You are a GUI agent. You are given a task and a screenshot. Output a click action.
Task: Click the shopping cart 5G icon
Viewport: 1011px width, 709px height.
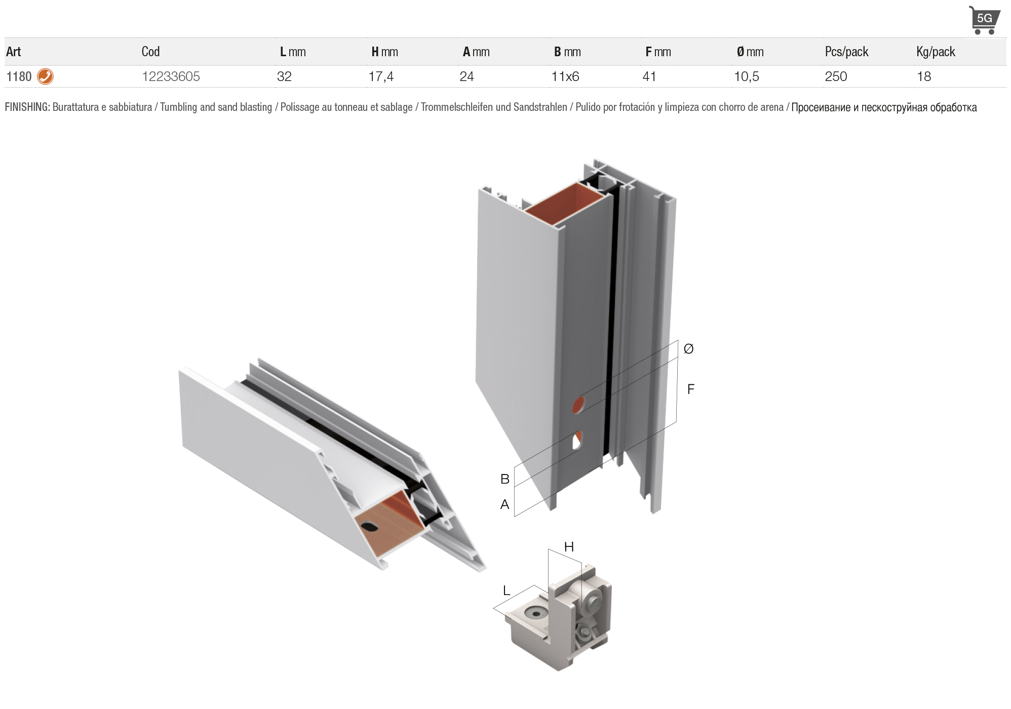tap(984, 20)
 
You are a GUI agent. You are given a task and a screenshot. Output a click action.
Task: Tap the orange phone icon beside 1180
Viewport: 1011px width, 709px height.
tap(46, 76)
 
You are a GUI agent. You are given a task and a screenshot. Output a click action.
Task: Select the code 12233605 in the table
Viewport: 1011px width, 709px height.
tap(171, 76)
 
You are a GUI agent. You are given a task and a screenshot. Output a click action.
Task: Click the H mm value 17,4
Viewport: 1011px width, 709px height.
tap(381, 76)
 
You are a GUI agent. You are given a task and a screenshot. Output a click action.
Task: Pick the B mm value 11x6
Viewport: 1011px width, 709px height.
tap(565, 76)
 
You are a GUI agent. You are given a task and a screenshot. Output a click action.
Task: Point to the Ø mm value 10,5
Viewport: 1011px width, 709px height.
tap(747, 76)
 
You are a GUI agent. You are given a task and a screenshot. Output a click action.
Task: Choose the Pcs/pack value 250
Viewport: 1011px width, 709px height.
tap(836, 76)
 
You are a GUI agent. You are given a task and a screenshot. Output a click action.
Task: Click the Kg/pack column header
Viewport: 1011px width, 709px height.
tap(936, 52)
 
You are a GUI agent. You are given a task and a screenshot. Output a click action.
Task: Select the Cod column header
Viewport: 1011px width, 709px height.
tap(150, 52)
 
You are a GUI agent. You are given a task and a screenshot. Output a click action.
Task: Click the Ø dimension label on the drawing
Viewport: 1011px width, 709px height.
tap(688, 348)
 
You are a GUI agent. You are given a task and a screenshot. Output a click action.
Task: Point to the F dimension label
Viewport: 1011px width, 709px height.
tap(691, 389)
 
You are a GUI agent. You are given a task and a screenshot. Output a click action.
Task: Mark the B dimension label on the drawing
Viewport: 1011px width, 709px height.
tap(505, 479)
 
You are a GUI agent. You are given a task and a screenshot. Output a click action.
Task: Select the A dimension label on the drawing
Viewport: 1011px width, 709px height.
tap(505, 504)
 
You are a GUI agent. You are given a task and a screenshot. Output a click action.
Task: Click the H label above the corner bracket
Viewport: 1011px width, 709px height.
tap(569, 547)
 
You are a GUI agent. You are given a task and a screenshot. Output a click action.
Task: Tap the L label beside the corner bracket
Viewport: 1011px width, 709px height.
tap(506, 590)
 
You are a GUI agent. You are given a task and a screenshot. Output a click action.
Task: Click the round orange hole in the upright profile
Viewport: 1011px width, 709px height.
tap(578, 405)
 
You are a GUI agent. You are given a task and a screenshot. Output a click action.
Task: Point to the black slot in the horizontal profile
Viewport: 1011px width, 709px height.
tap(370, 527)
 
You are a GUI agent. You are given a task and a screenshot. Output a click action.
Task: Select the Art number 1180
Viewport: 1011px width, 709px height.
tap(19, 76)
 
